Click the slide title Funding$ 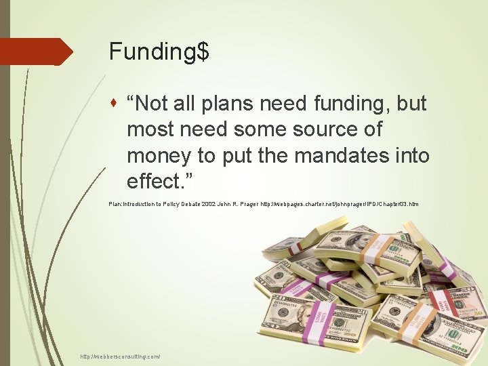click(x=159, y=52)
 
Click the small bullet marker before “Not click(x=119, y=104)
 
